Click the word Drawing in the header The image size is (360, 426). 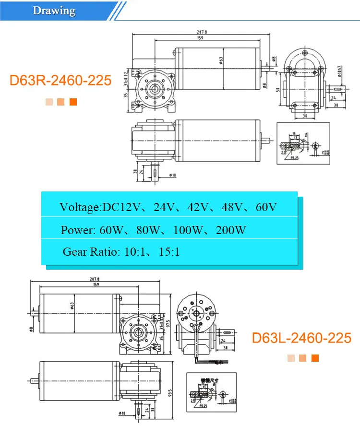pos(54,11)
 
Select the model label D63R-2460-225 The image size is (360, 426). pos(60,80)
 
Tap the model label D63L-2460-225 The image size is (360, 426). pos(301,338)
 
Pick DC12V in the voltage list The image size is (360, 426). pos(121,207)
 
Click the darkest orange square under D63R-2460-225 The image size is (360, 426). pos(73,102)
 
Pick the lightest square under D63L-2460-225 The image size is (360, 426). pos(291,358)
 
